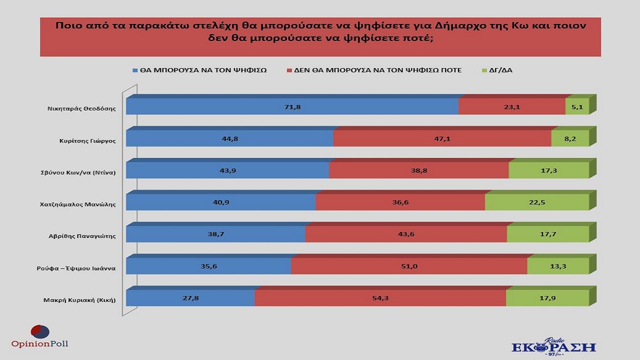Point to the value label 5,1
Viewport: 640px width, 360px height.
pyautogui.click(x=577, y=107)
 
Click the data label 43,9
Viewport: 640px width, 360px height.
pyautogui.click(x=228, y=170)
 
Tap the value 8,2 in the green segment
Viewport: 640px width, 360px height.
pyautogui.click(x=570, y=138)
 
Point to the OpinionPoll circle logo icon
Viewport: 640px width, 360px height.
pyautogui.click(x=40, y=331)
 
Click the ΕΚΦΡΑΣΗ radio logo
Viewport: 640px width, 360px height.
pyautogui.click(x=553, y=346)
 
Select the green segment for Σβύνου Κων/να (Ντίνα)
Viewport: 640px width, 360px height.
pyautogui.click(x=548, y=170)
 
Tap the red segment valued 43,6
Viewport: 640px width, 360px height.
pyautogui.click(x=406, y=234)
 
